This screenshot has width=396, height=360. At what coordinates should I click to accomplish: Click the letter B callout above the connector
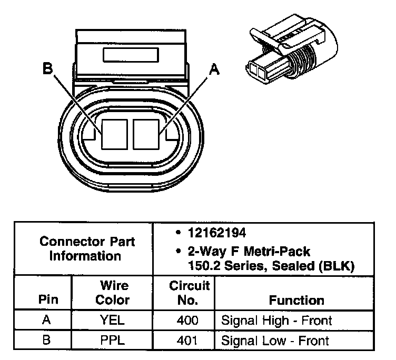(47, 69)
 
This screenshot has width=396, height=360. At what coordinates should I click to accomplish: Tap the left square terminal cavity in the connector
(115, 133)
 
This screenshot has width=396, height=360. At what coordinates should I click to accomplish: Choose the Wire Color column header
(113, 293)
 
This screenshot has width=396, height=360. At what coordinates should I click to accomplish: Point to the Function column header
(296, 300)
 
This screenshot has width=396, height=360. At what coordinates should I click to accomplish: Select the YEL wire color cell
(113, 320)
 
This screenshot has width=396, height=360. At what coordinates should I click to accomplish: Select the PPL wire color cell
(113, 340)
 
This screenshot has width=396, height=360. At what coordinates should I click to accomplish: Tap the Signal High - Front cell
(276, 320)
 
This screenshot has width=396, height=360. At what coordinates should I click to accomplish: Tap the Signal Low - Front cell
(275, 340)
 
